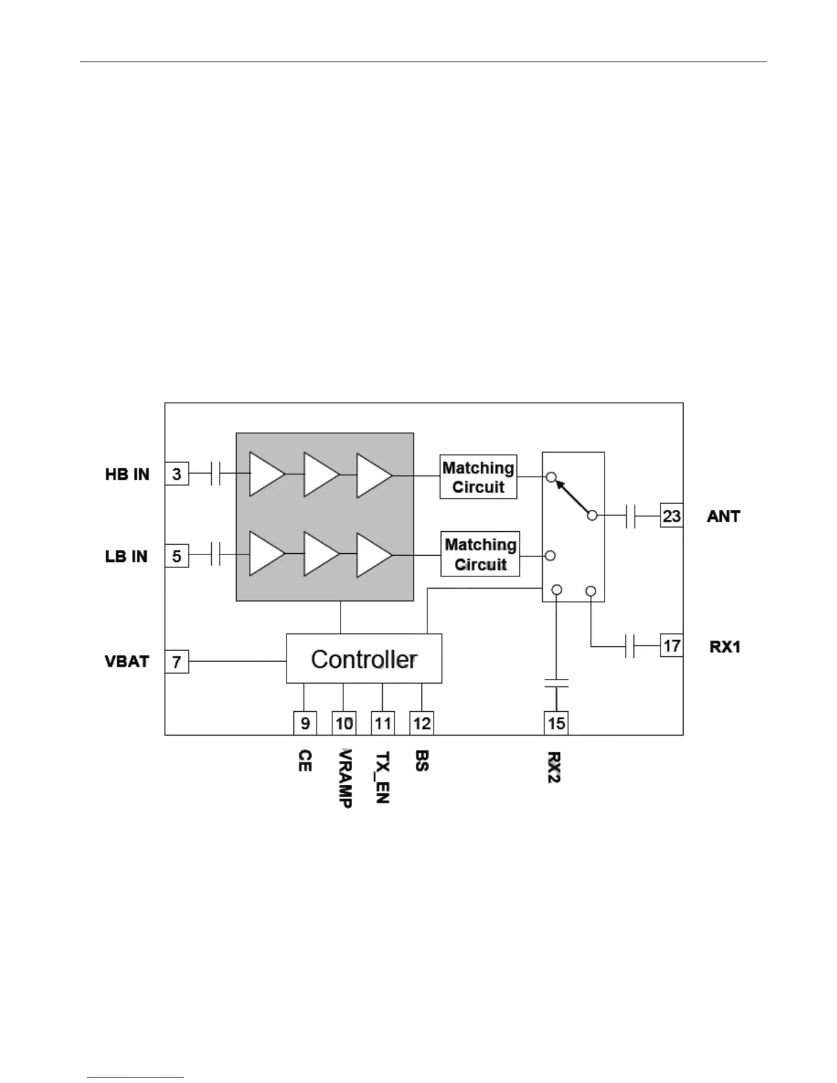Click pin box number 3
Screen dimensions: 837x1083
point(176,474)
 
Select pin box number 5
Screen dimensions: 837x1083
point(176,556)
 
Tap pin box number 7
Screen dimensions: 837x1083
point(176,662)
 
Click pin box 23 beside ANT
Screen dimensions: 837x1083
point(672,516)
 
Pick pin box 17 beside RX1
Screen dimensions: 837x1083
point(672,645)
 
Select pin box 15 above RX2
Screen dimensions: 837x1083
point(557,723)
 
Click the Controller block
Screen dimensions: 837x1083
point(364,658)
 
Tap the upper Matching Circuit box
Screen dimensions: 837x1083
point(478,477)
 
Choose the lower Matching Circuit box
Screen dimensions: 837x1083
point(480,554)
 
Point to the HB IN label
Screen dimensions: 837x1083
point(127,474)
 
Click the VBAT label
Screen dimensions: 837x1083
point(127,662)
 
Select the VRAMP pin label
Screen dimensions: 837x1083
point(345,778)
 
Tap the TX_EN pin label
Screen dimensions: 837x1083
point(383,777)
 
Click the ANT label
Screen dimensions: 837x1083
point(723,516)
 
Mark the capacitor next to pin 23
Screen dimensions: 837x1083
point(630,516)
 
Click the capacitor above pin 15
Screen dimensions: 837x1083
point(557,682)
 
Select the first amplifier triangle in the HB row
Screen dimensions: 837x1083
point(265,473)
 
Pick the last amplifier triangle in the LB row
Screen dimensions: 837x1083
point(373,554)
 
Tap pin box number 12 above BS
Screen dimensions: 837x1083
point(422,723)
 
